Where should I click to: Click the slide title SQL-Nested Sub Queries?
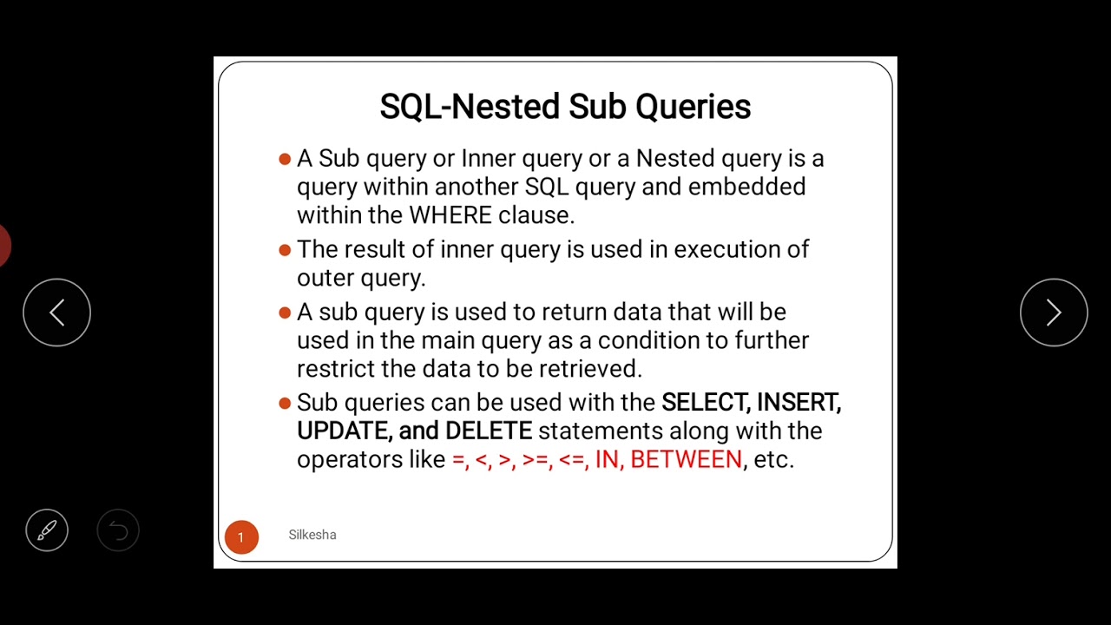click(x=565, y=107)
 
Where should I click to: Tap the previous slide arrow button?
click(x=56, y=312)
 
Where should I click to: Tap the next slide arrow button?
click(x=1054, y=312)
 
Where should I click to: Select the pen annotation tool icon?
click(x=47, y=530)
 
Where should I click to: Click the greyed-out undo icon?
click(x=118, y=530)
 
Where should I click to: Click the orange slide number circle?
click(x=241, y=537)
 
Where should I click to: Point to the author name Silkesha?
click(x=312, y=535)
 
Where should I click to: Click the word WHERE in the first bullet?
click(x=450, y=215)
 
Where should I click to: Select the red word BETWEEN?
click(x=686, y=459)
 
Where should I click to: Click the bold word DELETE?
click(x=488, y=431)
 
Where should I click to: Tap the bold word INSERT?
click(x=798, y=403)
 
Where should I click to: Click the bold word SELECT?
click(x=705, y=403)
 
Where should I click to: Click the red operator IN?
click(x=608, y=459)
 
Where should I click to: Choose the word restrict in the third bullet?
click(x=335, y=369)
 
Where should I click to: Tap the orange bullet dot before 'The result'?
click(x=285, y=250)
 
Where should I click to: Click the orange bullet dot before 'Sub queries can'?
click(x=285, y=403)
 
